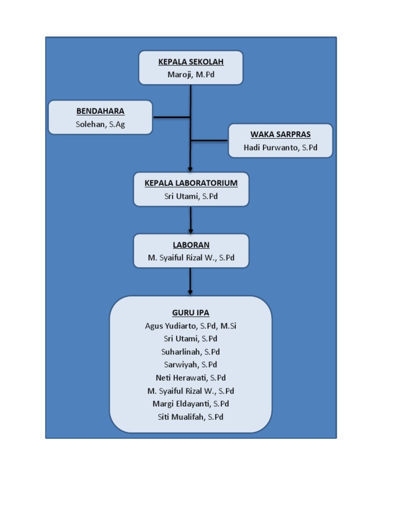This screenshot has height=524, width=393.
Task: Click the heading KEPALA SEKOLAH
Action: click(191, 62)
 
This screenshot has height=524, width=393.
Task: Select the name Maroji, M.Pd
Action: click(191, 75)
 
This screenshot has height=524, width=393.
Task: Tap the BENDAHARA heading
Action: click(100, 111)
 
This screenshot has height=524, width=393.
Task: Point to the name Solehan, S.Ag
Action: click(100, 124)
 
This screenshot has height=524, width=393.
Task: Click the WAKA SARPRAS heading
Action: click(280, 135)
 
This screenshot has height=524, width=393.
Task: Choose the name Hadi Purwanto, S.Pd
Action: click(280, 147)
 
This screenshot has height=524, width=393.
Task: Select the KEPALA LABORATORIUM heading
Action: click(191, 183)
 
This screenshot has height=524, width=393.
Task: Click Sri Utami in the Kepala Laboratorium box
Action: click(191, 196)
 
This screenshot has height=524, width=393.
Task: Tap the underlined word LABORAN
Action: click(191, 245)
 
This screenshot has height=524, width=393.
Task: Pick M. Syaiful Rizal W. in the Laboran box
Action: click(191, 258)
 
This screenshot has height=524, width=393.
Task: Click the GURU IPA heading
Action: click(191, 313)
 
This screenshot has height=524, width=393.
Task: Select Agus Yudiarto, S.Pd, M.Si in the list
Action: click(191, 325)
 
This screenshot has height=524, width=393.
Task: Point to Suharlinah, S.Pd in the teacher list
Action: click(191, 352)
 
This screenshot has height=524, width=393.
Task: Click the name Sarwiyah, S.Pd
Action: click(191, 364)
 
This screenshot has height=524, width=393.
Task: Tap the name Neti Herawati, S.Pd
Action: click(191, 378)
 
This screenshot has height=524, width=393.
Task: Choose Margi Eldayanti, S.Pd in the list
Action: click(191, 404)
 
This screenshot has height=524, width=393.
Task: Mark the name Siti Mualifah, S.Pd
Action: click(191, 417)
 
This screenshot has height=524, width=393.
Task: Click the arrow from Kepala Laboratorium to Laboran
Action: click(190, 220)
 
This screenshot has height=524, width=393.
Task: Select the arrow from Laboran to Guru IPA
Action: click(190, 281)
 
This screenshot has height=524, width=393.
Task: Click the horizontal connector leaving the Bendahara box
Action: click(171, 117)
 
